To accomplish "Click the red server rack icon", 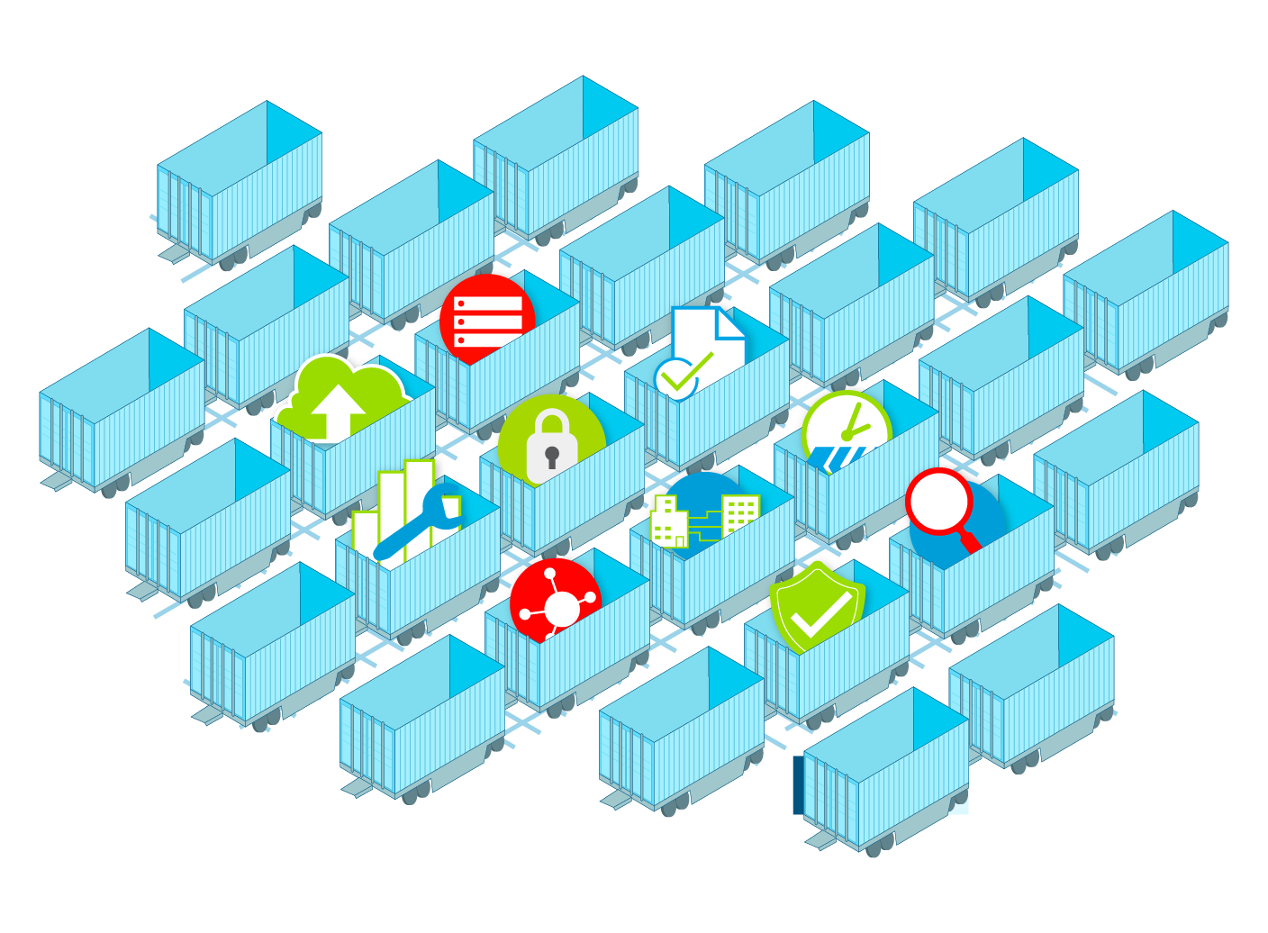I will pos(486,319).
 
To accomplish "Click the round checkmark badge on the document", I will pos(675,378).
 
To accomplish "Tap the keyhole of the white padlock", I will pos(552,456).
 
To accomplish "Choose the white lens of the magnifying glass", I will pos(938,501).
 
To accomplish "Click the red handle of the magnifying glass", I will pos(969,541).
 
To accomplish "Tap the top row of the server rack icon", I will pos(487,303).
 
